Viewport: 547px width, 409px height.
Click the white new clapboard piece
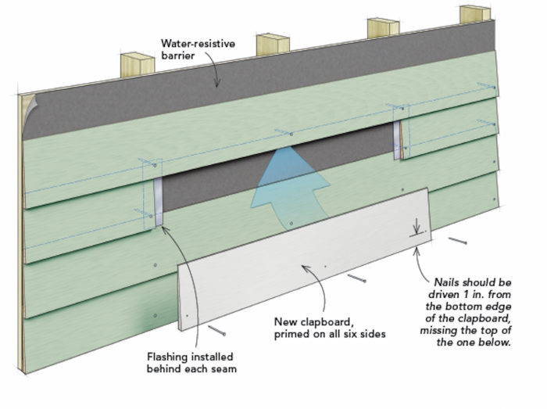point(305,258)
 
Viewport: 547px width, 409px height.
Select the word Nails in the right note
point(449,280)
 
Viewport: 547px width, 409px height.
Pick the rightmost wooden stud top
point(474,14)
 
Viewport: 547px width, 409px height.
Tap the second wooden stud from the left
point(273,45)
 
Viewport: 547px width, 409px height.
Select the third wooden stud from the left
point(384,28)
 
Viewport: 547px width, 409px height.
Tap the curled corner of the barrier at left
point(29,109)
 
